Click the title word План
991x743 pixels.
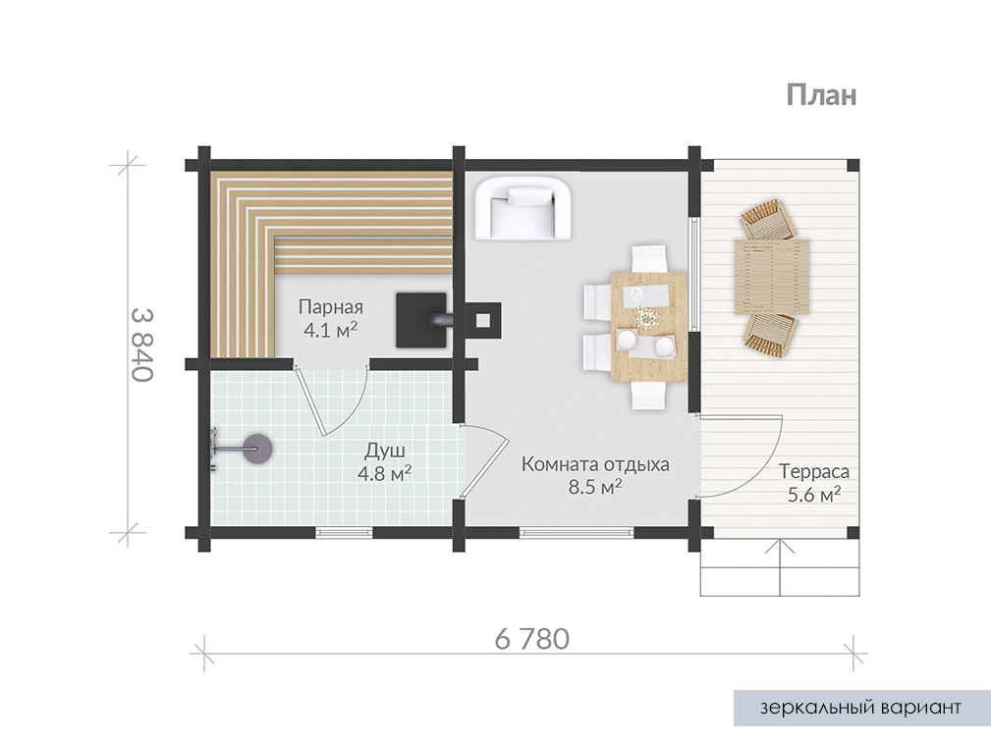(x=822, y=95)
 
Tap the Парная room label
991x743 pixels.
(x=331, y=307)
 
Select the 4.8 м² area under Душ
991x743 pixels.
(x=384, y=473)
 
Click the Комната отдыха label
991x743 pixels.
(x=595, y=464)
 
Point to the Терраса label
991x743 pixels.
(x=814, y=471)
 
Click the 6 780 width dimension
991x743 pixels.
(x=532, y=639)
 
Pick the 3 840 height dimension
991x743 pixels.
(x=142, y=345)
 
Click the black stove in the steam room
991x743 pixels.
(x=421, y=320)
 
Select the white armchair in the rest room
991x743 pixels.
(x=523, y=208)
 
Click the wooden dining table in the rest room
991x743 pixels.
(x=649, y=327)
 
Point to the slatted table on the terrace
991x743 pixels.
(x=772, y=277)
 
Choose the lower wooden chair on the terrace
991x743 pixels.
(x=770, y=335)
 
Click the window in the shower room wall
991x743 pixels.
(x=345, y=533)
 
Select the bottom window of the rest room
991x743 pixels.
(x=578, y=533)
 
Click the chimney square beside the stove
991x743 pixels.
(x=483, y=320)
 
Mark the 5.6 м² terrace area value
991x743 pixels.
(x=814, y=494)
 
